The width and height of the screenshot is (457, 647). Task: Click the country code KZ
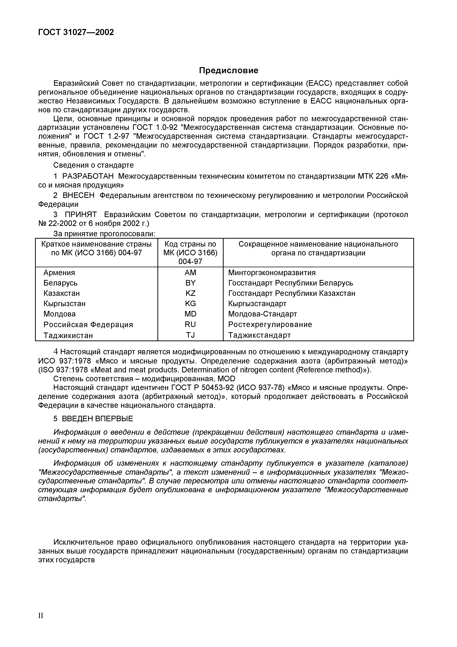click(190, 293)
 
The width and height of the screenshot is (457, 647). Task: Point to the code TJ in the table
click(190, 335)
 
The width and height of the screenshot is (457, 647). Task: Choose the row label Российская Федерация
click(88, 325)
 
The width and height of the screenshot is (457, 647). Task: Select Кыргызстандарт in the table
click(257, 304)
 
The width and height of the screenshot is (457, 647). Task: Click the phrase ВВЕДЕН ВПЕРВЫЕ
click(97, 419)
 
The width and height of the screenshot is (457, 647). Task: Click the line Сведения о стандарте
click(93, 165)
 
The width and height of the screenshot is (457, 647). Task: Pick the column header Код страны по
click(190, 244)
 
